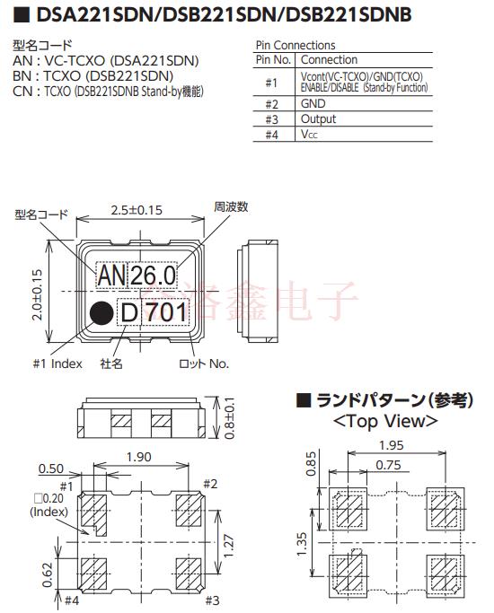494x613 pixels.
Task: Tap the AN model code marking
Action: pyautogui.click(x=112, y=275)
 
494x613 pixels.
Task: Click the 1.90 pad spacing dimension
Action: pyautogui.click(x=139, y=458)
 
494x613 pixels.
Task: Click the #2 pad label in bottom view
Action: pyautogui.click(x=209, y=484)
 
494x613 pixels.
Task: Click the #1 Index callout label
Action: pyautogui.click(x=57, y=363)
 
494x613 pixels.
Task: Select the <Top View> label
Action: pyautogui.click(x=384, y=420)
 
